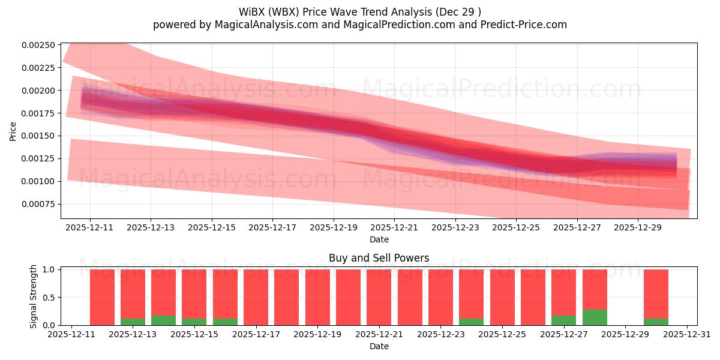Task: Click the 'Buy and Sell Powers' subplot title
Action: click(379, 258)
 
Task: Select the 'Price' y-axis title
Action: click(13, 131)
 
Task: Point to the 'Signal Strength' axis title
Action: click(34, 296)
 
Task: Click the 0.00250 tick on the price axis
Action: click(39, 45)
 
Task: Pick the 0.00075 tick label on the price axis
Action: click(39, 204)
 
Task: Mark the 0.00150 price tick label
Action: click(39, 136)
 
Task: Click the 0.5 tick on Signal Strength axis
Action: click(48, 298)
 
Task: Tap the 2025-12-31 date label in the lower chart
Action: click(686, 334)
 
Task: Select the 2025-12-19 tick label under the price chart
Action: click(334, 227)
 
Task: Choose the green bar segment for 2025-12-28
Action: click(595, 317)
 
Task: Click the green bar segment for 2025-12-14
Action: click(163, 320)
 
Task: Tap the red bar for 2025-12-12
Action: click(102, 297)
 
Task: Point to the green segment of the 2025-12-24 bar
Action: click(471, 322)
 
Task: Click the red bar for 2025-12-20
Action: click(348, 297)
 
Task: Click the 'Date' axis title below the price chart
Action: click(379, 239)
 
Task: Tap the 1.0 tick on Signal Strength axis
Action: click(48, 269)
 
